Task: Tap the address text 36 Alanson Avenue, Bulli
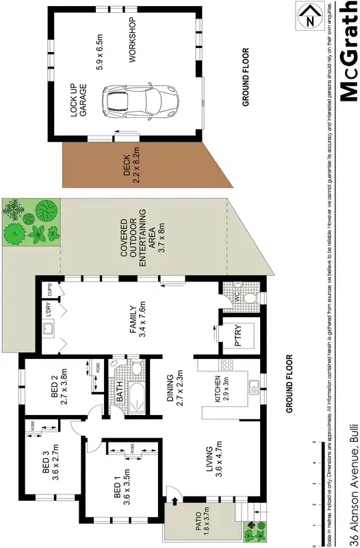coord(352,486)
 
